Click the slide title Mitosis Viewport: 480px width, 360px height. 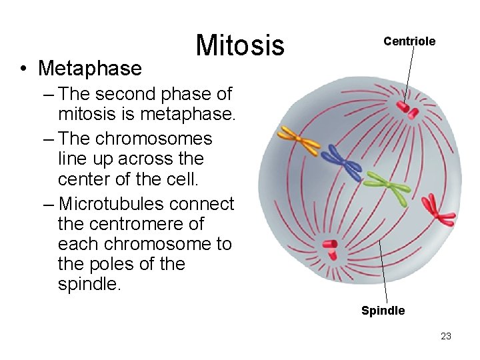tap(240, 45)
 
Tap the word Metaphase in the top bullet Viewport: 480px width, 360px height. tap(90, 68)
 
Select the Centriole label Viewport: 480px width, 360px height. tap(409, 41)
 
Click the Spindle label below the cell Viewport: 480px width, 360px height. tap(383, 311)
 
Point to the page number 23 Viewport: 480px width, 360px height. tap(446, 336)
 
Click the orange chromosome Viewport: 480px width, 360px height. tap(299, 140)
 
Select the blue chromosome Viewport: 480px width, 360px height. tap(341, 162)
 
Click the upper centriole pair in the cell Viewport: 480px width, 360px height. tap(407, 110)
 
